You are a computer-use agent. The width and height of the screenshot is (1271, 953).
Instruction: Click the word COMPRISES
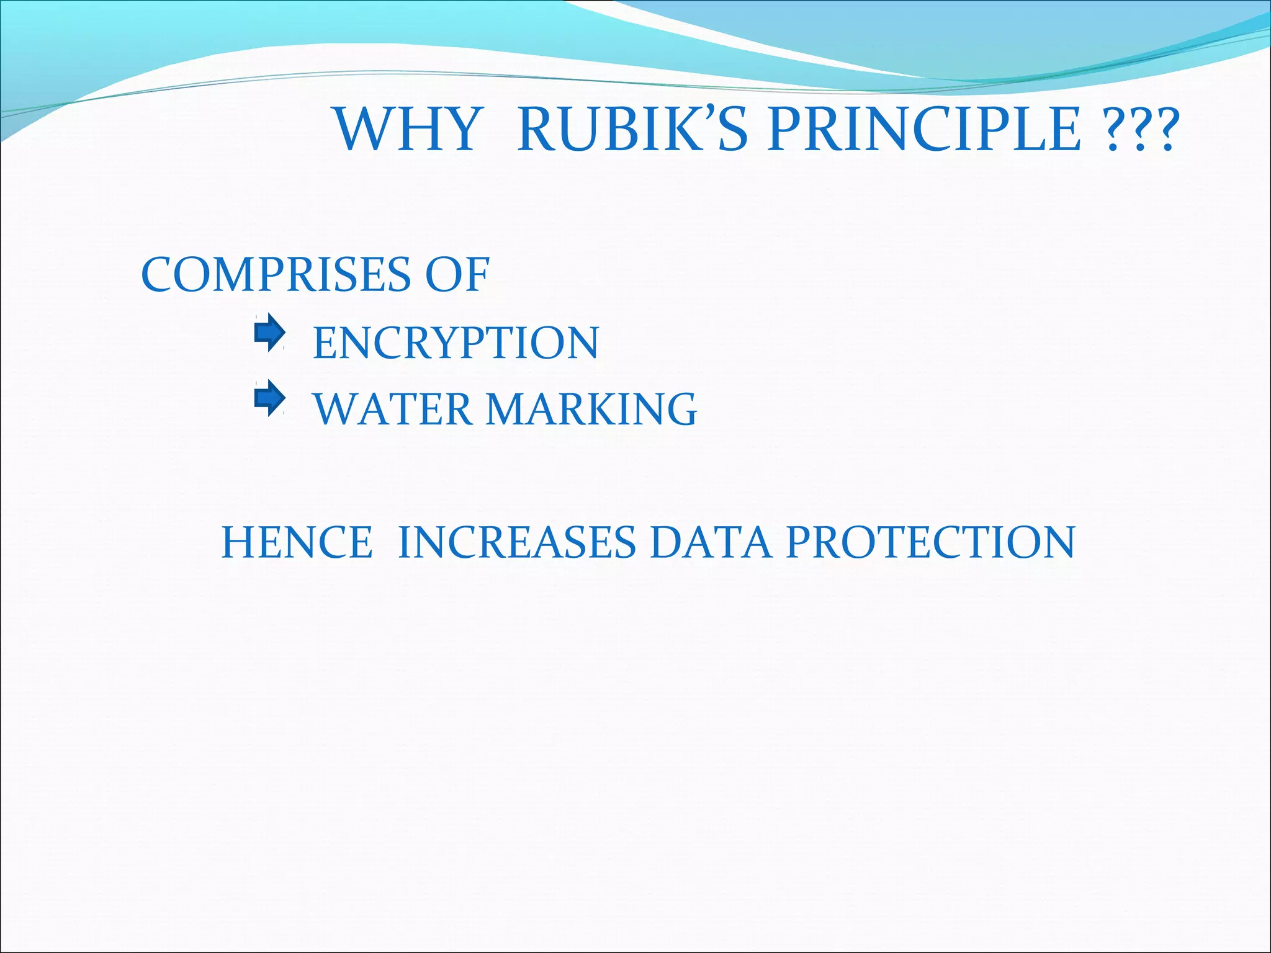click(276, 275)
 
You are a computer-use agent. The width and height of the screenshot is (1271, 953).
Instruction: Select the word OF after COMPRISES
click(457, 275)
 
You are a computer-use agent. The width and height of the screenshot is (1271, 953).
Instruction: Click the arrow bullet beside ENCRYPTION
click(269, 333)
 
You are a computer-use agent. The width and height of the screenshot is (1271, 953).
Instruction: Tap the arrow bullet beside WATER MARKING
click(269, 398)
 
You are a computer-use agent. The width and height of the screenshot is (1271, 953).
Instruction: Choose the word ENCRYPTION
click(456, 343)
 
